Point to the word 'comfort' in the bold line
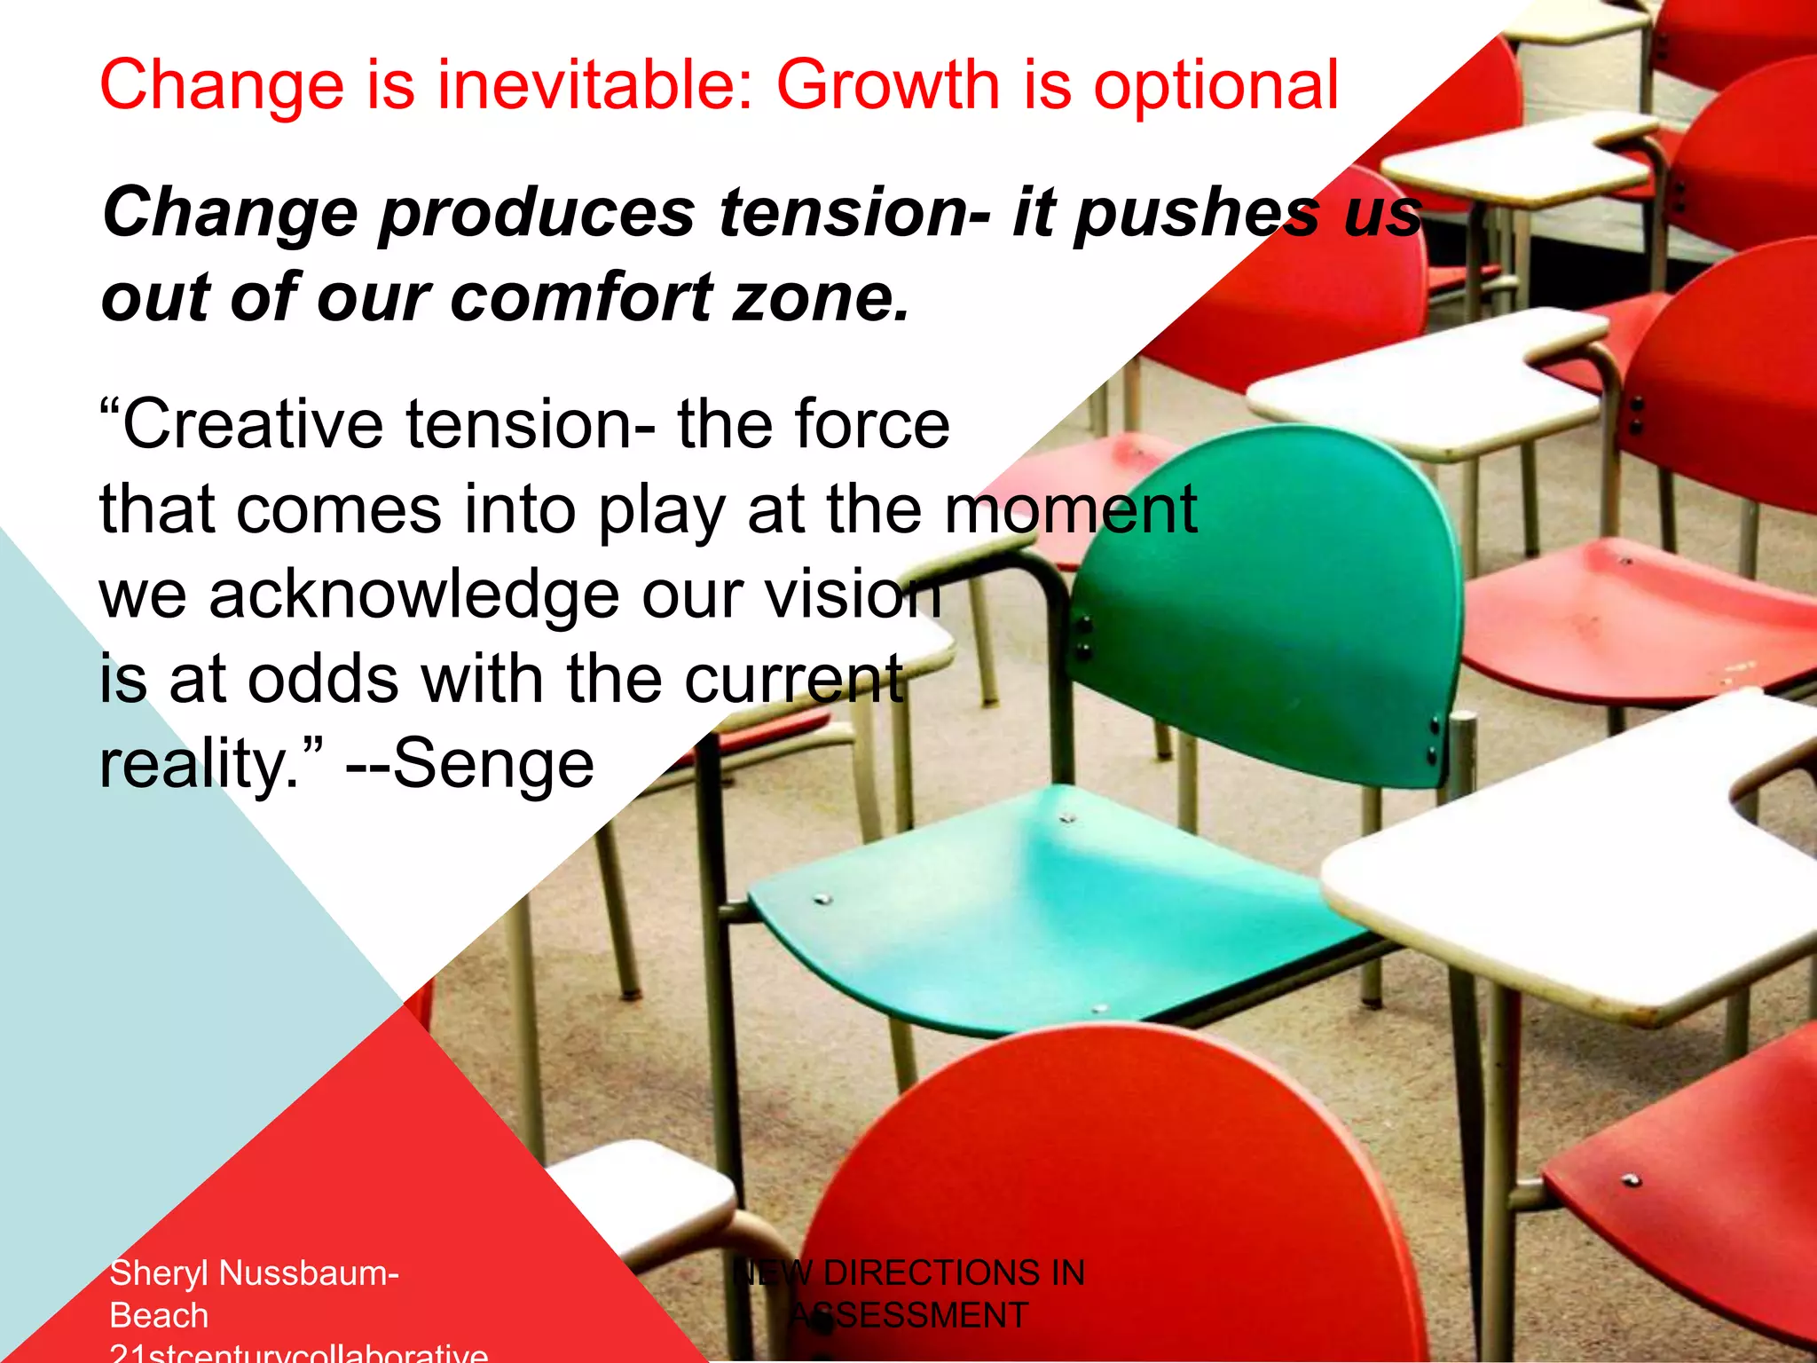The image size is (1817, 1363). point(582,298)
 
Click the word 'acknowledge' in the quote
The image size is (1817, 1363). point(413,596)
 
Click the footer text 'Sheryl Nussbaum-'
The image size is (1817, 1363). point(254,1273)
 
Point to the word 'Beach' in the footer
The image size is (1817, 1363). point(159,1316)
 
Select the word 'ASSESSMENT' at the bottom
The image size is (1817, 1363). point(908,1316)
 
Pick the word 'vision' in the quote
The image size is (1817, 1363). point(852,596)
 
